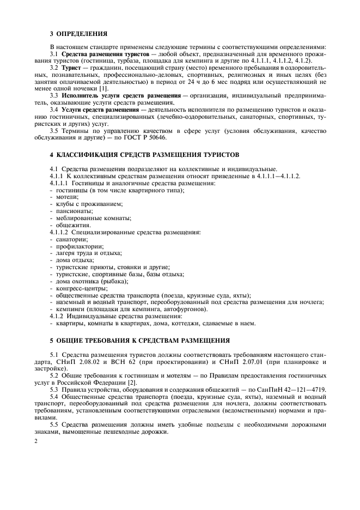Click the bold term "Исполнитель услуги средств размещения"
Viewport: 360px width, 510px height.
[119, 95]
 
